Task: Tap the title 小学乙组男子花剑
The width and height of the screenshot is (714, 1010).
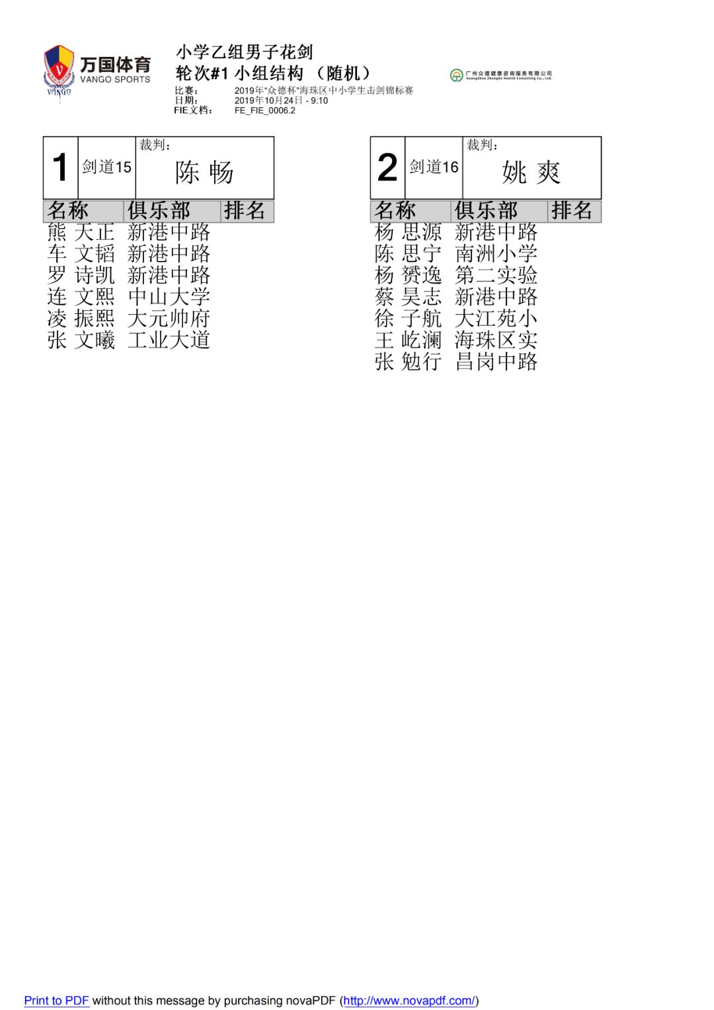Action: pos(244,52)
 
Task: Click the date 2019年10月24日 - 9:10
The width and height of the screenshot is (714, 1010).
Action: pos(281,100)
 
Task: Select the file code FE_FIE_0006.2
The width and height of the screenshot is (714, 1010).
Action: pos(264,110)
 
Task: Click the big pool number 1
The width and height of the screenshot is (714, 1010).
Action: pos(60,167)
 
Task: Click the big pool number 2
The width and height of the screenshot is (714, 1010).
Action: pos(387,167)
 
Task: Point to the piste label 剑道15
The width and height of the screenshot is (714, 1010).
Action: pos(106,167)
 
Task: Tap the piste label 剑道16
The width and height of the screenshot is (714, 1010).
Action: pos(434,167)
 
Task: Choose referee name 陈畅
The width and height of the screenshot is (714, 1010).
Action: pos(204,173)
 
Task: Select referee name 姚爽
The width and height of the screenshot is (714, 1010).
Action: pos(532,173)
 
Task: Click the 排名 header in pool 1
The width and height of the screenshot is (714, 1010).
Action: pos(245,211)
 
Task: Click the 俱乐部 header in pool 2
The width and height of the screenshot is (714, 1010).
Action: pos(486,211)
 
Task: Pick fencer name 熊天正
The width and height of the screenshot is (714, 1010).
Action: pos(81,232)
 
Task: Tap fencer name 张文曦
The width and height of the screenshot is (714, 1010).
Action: pos(81,340)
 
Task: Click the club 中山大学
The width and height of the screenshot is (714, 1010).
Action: pos(169,297)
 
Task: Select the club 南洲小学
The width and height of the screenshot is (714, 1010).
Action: pos(496,254)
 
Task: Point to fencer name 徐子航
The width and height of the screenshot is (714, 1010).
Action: pos(408,319)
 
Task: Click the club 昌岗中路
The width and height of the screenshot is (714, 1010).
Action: pos(496,362)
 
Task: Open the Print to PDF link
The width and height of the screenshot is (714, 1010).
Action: pos(56,1000)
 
